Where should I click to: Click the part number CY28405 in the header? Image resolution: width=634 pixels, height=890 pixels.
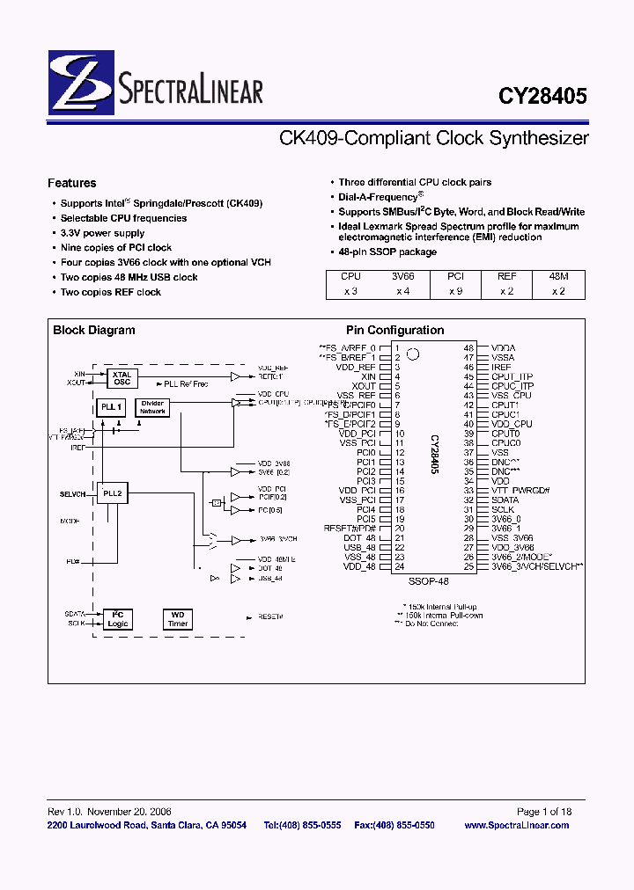542,96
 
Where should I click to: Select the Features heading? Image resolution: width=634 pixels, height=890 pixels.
72,183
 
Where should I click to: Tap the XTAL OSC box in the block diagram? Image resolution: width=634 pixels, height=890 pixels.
122,378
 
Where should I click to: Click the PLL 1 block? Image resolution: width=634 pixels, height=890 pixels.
108,407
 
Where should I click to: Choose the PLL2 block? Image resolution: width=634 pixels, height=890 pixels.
112,494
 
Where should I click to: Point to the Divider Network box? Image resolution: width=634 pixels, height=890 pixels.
153,408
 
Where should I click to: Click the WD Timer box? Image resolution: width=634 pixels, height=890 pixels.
178,619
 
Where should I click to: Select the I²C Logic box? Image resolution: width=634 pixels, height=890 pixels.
117,619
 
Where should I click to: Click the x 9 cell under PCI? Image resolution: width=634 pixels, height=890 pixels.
455,290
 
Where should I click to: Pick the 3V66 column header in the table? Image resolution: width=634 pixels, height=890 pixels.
403,276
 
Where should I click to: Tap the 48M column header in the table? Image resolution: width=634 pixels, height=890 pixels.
559,276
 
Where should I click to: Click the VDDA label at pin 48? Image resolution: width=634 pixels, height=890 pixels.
503,348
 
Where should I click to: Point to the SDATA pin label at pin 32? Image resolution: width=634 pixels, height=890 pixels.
505,500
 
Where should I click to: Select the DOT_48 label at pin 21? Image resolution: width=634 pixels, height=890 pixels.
361,537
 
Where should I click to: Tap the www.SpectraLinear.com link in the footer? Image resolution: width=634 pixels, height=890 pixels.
516,825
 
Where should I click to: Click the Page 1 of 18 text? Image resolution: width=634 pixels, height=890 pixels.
543,812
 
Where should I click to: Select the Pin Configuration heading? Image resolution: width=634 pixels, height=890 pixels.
394,331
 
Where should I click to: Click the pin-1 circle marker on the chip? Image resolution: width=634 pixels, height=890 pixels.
413,354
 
